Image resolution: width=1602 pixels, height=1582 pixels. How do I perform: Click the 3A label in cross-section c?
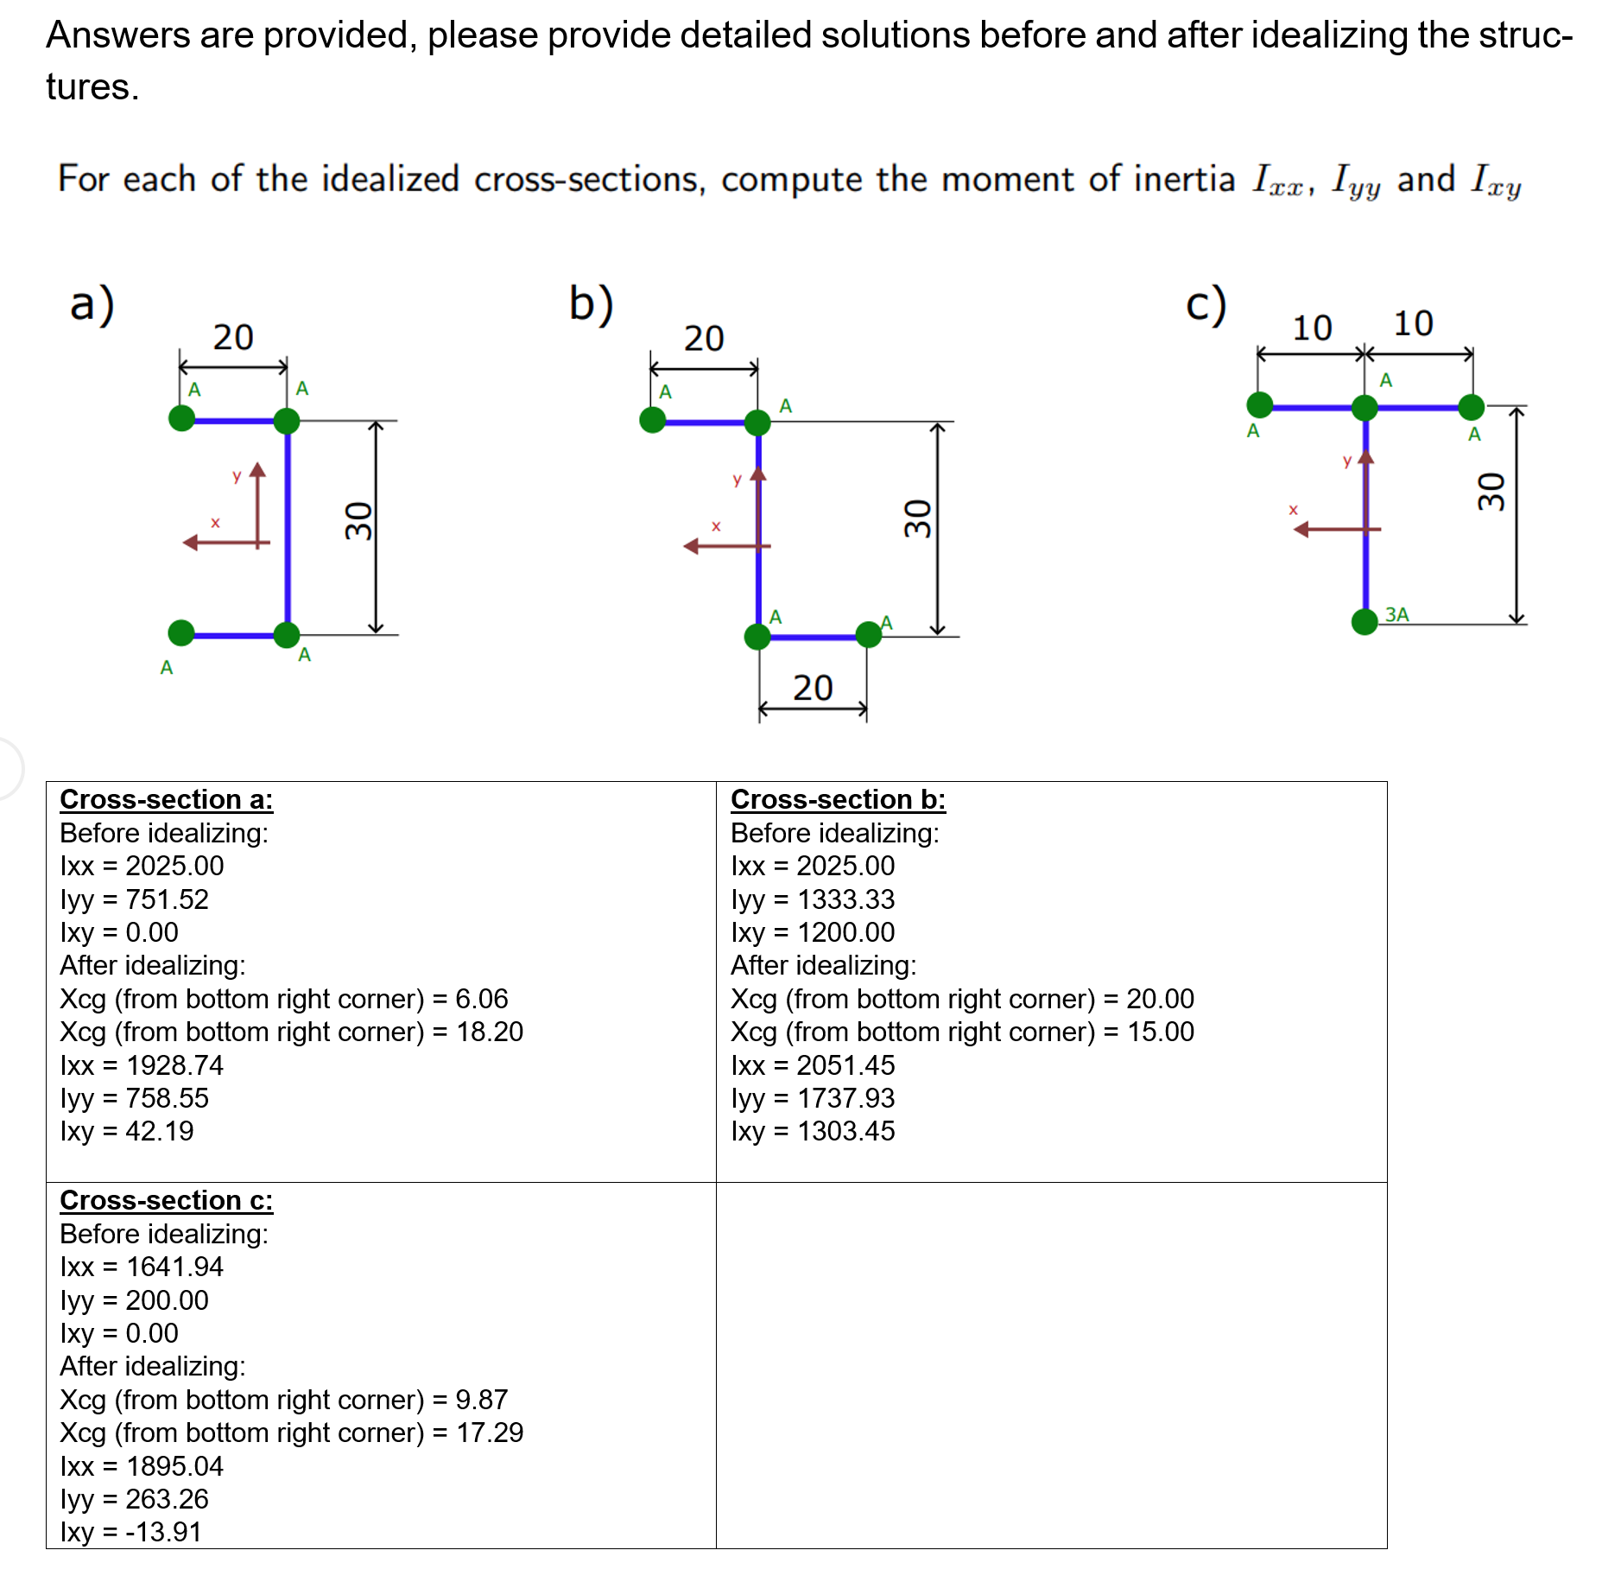point(1396,614)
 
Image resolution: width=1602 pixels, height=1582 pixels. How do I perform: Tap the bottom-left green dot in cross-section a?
point(181,632)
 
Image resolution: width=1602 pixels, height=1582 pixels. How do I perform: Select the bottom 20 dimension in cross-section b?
point(813,688)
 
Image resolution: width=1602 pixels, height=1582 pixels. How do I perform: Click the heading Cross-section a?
point(167,799)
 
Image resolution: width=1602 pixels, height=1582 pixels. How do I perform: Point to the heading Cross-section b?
point(838,799)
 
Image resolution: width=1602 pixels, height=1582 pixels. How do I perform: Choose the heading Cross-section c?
point(167,1200)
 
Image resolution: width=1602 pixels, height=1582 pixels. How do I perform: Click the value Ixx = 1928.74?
point(142,1065)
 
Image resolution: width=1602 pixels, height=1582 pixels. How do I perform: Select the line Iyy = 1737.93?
point(813,1098)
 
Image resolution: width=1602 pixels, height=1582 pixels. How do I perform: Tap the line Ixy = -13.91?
point(130,1532)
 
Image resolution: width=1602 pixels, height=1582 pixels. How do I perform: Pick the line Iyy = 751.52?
point(135,899)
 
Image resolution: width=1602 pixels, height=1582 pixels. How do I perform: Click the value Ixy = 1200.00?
point(813,932)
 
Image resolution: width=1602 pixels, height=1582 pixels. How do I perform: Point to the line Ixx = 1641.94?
point(142,1267)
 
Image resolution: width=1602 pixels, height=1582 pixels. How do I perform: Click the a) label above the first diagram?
point(92,304)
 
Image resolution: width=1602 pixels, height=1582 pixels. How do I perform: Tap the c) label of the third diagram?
point(1206,304)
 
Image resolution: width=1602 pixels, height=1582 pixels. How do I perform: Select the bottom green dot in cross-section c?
point(1365,621)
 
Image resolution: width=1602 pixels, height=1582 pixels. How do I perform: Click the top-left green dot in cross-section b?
point(653,420)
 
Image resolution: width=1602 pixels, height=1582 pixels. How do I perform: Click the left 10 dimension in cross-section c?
point(1312,328)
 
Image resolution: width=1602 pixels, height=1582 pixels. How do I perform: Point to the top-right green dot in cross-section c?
point(1472,406)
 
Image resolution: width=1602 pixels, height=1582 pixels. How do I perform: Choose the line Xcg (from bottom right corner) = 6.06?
point(284,999)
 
